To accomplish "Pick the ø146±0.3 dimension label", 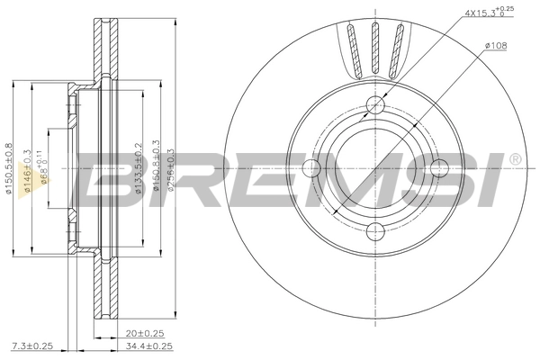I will [27, 171].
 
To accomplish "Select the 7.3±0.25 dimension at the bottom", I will [31, 346].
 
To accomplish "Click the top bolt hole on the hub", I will [376, 105].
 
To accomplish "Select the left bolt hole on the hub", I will [313, 167].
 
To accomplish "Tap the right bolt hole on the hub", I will [438, 167].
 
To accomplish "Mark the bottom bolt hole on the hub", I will [376, 229].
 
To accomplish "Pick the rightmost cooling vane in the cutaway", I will [397, 49].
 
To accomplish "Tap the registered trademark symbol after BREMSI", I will [514, 159].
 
